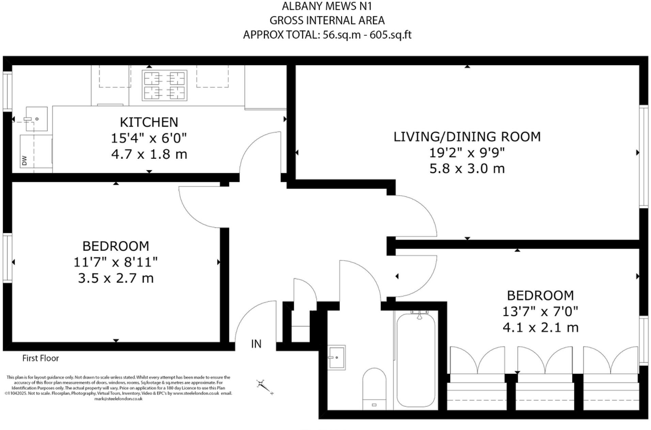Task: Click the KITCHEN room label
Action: (149, 122)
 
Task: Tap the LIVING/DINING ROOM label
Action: (467, 137)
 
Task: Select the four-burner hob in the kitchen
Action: (164, 85)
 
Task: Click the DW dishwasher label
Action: (24, 160)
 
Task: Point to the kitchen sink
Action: (36, 118)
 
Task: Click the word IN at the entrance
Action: (256, 344)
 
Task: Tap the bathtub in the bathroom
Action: (416, 360)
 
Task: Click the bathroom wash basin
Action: (337, 357)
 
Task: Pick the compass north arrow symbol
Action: (265, 387)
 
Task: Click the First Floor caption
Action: (41, 358)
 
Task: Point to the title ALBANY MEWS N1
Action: (327, 6)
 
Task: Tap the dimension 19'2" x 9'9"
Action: (467, 153)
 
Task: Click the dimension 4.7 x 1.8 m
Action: (149, 154)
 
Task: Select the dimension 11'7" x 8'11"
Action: (116, 262)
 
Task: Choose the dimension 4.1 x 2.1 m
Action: (541, 328)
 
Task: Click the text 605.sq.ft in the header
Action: (391, 35)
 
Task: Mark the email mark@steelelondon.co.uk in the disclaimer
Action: (118, 399)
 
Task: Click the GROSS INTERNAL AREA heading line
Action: (327, 20)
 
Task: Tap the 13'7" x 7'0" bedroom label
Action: (540, 311)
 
